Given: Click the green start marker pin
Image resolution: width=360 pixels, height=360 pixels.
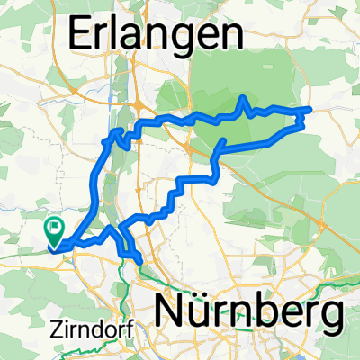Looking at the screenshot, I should [55, 232].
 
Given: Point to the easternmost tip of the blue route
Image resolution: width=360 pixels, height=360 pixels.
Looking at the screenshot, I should [310, 109].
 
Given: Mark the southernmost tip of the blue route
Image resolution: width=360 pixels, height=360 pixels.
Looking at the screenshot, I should [139, 262].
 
